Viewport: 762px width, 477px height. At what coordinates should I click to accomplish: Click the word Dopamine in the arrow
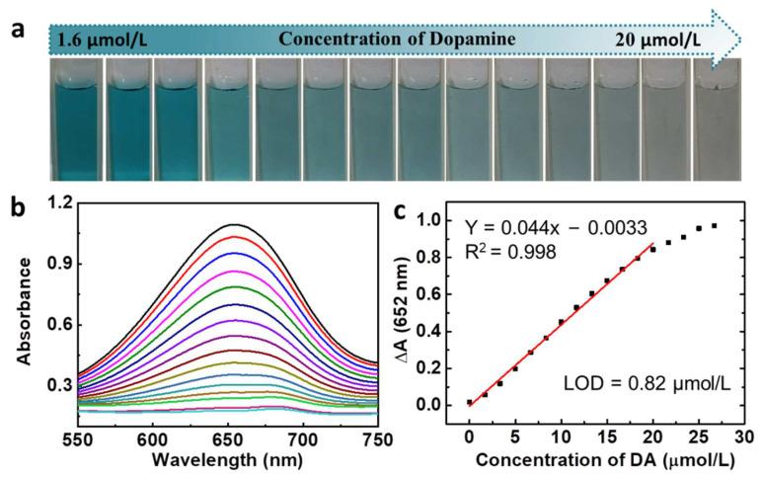[471, 40]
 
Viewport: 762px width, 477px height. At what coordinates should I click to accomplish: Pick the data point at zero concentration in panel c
[468, 402]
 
